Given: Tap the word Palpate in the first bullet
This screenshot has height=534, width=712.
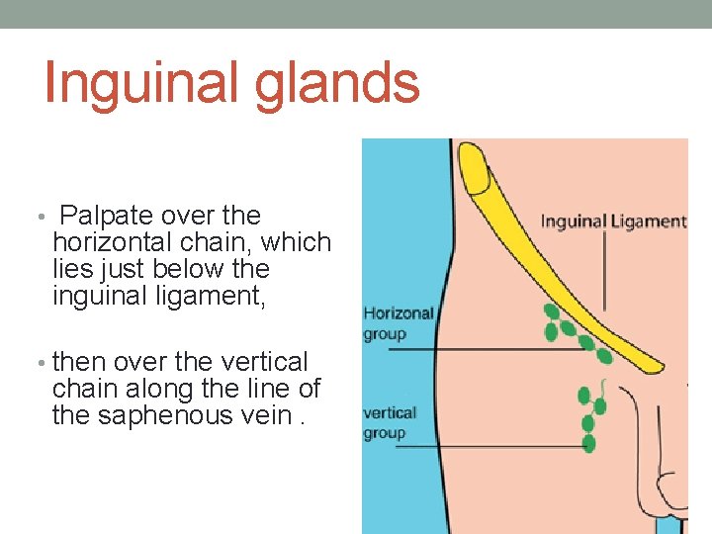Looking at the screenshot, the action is pos(105,216).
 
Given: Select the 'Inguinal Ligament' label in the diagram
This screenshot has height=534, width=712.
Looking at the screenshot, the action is pos(613,221).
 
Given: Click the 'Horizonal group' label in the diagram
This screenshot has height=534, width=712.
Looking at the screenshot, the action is pos(398,323).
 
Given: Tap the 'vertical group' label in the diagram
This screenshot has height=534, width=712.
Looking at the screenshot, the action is pos(390,422).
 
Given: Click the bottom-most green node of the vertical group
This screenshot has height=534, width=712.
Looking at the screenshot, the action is pos(588,443).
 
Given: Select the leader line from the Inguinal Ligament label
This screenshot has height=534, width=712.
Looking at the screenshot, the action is pos(604,272).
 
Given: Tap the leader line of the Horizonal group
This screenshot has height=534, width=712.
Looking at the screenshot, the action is pos(475,348).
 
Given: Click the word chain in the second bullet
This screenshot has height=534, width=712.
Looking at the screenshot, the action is pos(82,389).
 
